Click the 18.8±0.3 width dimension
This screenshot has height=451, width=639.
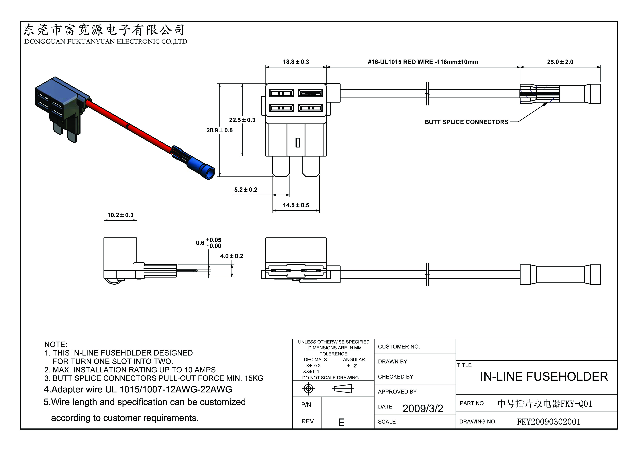point(296,62)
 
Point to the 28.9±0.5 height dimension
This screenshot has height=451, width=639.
point(219,130)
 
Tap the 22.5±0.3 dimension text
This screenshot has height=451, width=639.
point(242,120)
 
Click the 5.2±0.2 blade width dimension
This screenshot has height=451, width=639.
point(246,190)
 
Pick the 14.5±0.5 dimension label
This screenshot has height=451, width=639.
point(296,205)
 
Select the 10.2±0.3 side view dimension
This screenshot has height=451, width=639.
point(120,215)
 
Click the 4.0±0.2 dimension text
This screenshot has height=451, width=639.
point(232,256)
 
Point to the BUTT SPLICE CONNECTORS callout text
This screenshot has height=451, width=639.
point(466,122)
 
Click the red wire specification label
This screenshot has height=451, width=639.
point(423,62)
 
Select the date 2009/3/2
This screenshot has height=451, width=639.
point(422,408)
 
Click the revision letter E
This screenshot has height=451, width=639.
point(341,422)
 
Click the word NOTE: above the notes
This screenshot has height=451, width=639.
point(56,345)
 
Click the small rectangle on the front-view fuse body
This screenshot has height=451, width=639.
point(297,143)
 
